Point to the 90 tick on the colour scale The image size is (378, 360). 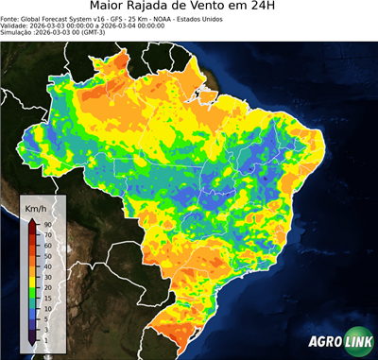click(46, 224)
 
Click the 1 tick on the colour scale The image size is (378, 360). click(45, 337)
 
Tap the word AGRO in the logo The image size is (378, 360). click(321, 342)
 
